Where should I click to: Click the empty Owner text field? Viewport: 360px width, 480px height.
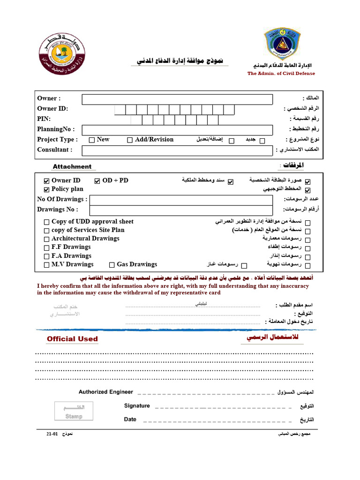tap(177, 99)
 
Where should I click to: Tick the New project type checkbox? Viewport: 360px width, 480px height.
tap(92, 140)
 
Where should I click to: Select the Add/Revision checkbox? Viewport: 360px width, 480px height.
tap(130, 140)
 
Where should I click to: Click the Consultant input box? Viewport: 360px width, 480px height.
tap(177, 150)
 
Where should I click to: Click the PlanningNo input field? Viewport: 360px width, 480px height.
tap(177, 130)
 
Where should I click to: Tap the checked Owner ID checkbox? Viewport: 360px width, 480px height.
tap(46, 181)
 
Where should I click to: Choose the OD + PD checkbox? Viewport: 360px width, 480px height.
tap(97, 181)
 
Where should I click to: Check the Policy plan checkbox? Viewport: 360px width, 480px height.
tap(46, 190)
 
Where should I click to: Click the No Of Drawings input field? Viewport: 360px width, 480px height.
tap(181, 200)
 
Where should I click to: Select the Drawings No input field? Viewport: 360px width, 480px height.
tap(181, 210)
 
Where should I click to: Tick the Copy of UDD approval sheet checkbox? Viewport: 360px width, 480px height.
tap(46, 222)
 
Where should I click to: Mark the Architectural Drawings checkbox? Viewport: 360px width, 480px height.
tap(46, 239)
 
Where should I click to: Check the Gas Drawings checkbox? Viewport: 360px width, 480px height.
tap(112, 265)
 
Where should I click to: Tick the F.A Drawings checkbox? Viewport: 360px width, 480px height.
tap(46, 256)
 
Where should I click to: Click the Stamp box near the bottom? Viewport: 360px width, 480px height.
tap(74, 411)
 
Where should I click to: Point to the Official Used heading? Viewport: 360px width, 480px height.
tap(72, 339)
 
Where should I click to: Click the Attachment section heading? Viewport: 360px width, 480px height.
tap(72, 166)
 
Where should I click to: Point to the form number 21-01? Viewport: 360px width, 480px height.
tap(52, 435)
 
